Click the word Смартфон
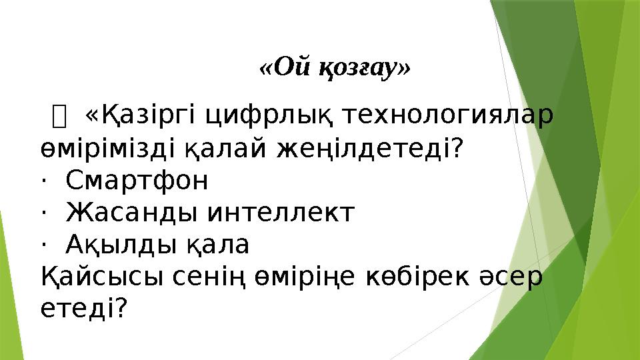[137, 180]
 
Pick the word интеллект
[281, 213]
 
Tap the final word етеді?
[83, 308]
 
